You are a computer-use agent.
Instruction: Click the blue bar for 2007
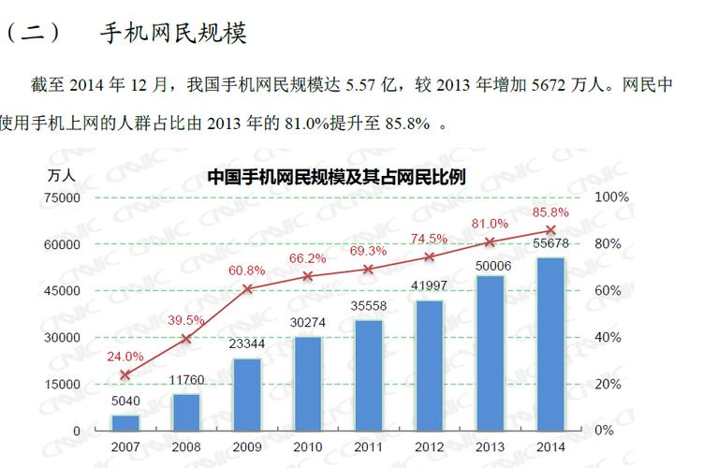(125, 422)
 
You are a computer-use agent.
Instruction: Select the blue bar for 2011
(369, 374)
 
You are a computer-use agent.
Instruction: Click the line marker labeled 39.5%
(186, 338)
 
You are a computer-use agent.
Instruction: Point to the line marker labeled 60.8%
(247, 289)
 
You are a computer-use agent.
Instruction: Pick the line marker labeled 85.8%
(550, 230)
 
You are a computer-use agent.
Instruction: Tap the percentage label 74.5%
(429, 239)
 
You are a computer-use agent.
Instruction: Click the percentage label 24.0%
(125, 357)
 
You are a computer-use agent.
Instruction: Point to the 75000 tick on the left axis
(62, 197)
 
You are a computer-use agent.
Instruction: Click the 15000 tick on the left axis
(62, 385)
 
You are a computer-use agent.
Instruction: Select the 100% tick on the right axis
(611, 197)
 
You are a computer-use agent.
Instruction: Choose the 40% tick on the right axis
(608, 338)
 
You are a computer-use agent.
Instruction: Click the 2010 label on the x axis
(308, 447)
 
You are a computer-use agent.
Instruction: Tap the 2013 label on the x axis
(490, 447)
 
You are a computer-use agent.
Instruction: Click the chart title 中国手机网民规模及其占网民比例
(336, 176)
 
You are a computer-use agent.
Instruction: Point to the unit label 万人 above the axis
(63, 175)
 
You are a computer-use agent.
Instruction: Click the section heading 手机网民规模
(172, 35)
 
